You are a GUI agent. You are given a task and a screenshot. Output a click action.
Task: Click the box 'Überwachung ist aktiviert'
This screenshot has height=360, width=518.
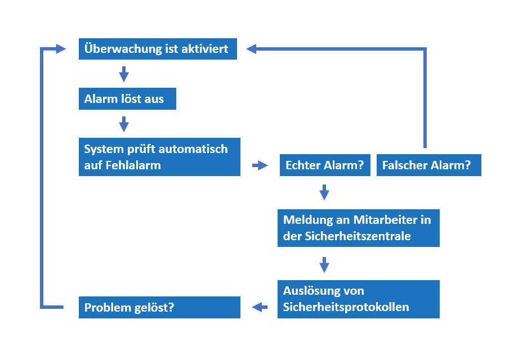pos(157,49)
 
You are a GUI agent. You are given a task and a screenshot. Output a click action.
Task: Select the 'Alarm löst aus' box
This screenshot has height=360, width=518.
pos(127,99)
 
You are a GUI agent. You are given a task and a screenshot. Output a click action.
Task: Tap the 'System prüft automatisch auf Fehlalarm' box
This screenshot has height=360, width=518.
pos(159,157)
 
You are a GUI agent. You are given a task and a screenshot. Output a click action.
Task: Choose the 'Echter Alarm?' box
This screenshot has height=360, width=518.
pos(324,165)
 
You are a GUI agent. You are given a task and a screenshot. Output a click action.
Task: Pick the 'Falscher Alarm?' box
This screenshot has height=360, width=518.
pos(428,165)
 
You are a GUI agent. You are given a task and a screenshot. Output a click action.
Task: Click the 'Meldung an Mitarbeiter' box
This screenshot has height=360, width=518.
pos(358,228)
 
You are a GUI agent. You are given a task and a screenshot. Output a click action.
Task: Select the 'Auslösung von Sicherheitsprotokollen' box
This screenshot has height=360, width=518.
pos(358,299)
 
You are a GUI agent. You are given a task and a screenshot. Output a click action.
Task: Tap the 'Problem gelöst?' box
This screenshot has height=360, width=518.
pos(159,308)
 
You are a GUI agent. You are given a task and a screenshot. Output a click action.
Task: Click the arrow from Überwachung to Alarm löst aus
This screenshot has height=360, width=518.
pos(124,74)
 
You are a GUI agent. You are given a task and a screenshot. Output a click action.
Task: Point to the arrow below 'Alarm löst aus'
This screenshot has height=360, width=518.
pos(124,124)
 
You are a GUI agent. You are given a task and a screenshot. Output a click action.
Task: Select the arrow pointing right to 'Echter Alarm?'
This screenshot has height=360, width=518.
pos(260,165)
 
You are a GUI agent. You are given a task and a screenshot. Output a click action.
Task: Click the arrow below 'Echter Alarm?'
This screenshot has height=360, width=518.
pos(324,192)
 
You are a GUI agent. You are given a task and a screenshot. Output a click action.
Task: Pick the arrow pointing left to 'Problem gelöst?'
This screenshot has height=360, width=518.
pos(260,307)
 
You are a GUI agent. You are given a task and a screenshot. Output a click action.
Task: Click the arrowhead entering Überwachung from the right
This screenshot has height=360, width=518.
pos(251,49)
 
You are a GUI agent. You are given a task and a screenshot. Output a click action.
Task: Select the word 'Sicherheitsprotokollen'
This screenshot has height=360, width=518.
pos(346,307)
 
